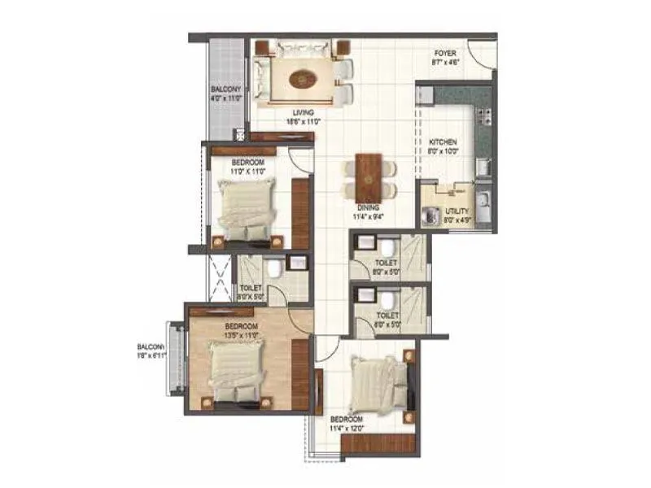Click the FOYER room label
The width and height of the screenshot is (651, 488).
444,51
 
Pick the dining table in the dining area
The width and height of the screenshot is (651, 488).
368,177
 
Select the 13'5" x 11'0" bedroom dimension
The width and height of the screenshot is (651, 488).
242,334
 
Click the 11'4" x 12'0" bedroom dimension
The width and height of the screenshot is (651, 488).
347,427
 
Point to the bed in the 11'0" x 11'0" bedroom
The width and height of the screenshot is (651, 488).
247,210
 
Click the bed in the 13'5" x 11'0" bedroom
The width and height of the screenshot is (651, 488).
237,371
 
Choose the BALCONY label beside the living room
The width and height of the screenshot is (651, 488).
225,89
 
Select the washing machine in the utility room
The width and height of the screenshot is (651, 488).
429,218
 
